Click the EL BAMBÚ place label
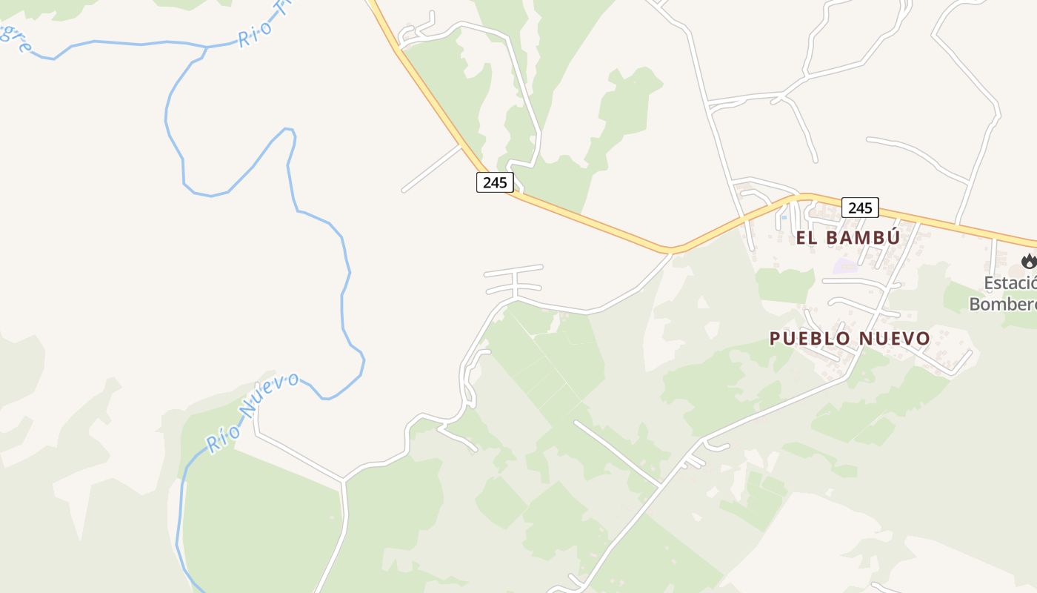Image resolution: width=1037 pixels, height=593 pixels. (x=847, y=238)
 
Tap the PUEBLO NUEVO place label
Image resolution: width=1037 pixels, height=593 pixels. (x=850, y=339)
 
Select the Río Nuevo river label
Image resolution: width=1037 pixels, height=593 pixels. (x=252, y=412)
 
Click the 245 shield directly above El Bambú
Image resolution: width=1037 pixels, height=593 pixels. (x=860, y=208)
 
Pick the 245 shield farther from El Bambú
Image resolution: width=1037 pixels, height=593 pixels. (x=495, y=182)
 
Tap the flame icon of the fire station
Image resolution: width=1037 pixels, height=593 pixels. (x=1028, y=261)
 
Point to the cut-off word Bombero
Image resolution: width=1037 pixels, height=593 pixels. (x=1003, y=303)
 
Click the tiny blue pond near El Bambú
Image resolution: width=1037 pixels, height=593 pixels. (x=784, y=217)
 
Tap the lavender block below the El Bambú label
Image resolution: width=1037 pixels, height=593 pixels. (x=844, y=265)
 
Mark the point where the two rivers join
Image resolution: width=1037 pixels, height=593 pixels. (x=207, y=47)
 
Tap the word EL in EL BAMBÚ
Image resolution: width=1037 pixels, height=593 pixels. (x=806, y=238)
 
